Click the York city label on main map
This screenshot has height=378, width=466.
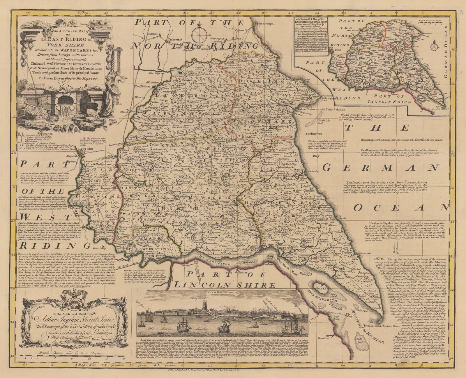pos(88,149)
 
